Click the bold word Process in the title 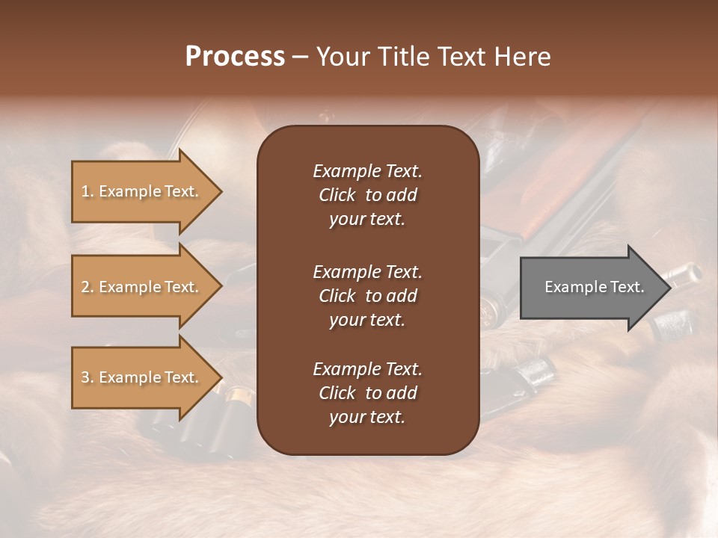[235, 57]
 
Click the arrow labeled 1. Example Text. [142, 191]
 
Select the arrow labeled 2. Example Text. [142, 287]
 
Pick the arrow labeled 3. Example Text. [142, 377]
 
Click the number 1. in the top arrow [88, 191]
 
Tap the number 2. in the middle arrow [88, 287]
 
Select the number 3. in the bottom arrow [88, 377]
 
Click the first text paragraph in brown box [367, 194]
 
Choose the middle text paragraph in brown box [367, 295]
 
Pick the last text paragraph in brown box [367, 392]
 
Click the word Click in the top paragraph [337, 195]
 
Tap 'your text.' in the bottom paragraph [367, 417]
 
